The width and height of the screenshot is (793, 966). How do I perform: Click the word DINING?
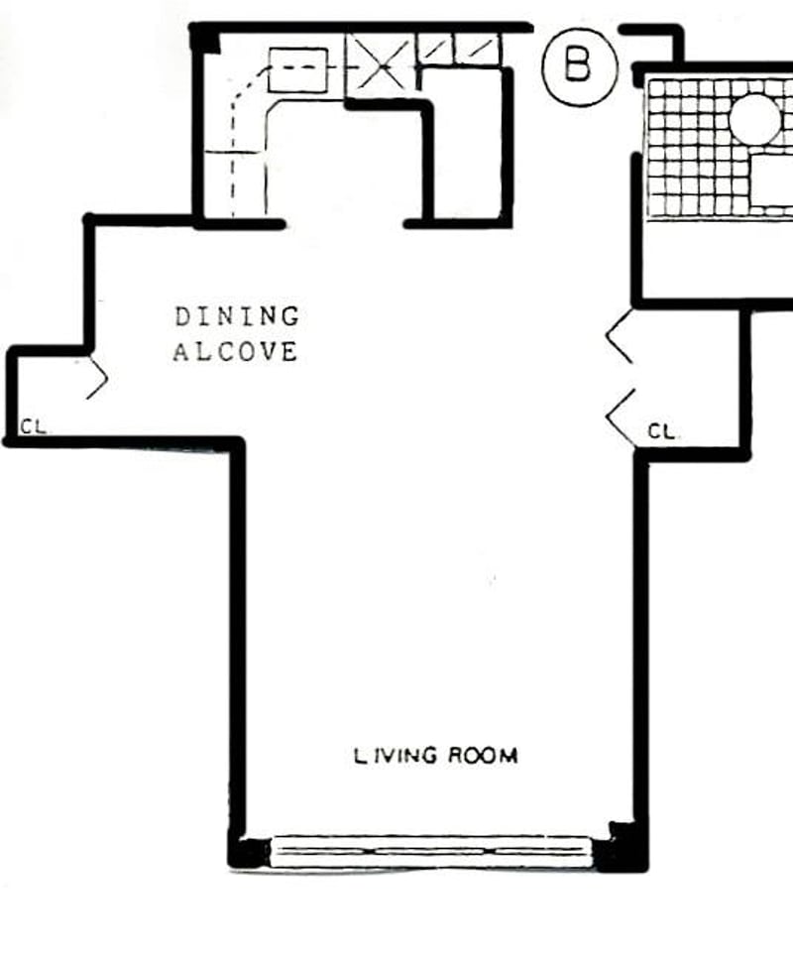237,317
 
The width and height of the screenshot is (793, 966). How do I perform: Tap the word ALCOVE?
235,352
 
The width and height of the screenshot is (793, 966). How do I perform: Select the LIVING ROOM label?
436,756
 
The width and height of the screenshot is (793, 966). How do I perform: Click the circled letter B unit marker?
579,66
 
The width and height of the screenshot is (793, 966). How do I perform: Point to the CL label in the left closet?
33,427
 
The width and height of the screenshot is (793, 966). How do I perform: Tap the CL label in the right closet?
663,431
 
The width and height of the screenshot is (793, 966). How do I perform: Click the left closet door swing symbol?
97,376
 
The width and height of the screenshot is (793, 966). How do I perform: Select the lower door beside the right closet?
621,416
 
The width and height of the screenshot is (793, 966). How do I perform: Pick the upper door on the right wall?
620,338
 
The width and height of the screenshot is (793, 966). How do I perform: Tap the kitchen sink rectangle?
298,69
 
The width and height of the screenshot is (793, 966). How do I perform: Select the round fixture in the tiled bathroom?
754,118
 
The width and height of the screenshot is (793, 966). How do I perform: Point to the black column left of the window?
247,851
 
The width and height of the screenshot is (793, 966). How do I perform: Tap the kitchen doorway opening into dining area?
345,223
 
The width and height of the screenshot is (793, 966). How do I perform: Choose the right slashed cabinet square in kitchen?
480,48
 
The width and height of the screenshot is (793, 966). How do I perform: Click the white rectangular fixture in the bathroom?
773,183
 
